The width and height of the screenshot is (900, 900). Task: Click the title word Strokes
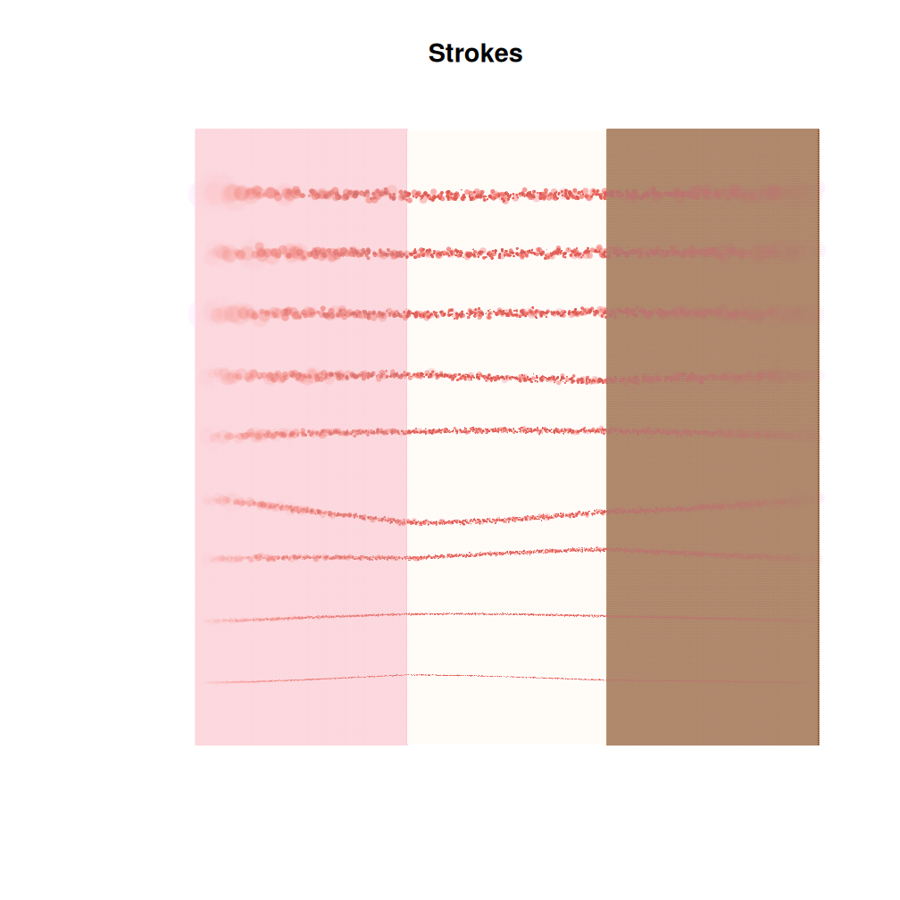click(475, 54)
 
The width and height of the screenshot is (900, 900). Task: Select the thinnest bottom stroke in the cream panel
click(506, 677)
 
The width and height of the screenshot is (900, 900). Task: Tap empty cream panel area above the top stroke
click(506, 156)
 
